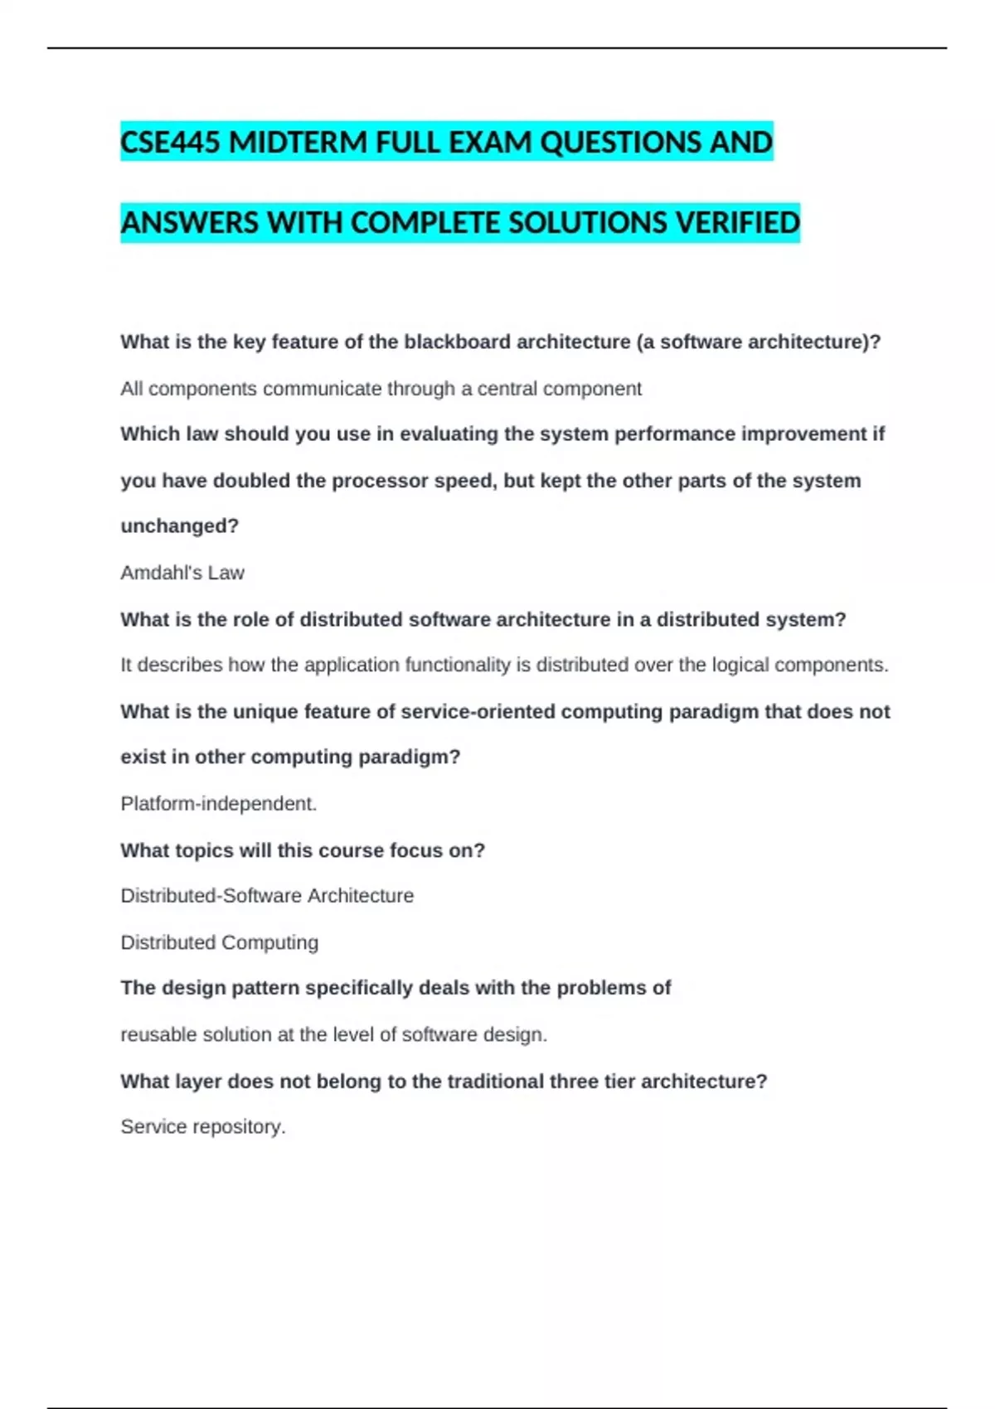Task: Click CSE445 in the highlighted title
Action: pyautogui.click(x=171, y=143)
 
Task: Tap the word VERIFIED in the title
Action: pyautogui.click(x=738, y=223)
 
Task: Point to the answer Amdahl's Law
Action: pyautogui.click(x=182, y=573)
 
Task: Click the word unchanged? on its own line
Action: pyautogui.click(x=179, y=526)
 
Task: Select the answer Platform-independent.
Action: pyautogui.click(x=219, y=804)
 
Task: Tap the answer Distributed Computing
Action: pyautogui.click(x=220, y=942)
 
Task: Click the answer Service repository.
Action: pyautogui.click(x=203, y=1127)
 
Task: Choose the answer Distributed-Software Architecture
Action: pyautogui.click(x=267, y=896)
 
